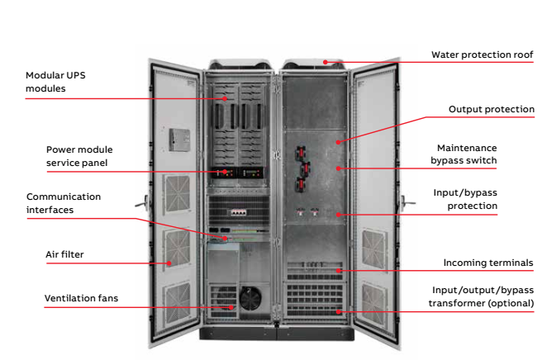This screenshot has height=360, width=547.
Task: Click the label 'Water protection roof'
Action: (482, 55)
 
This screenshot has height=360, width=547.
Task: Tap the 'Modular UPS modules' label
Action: (55, 81)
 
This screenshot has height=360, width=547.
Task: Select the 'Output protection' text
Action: (491, 109)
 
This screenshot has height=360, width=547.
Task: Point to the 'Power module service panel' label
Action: (78, 156)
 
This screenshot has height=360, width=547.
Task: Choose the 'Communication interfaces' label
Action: (64, 203)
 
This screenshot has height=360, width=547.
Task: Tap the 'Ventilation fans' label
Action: (80, 297)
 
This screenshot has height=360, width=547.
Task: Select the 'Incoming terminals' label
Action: (488, 263)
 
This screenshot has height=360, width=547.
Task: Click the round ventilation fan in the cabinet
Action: (248, 299)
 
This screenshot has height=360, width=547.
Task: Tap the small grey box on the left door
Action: (178, 138)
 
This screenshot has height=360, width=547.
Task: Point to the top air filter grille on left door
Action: (176, 194)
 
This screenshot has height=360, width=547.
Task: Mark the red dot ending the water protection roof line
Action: (327, 60)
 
